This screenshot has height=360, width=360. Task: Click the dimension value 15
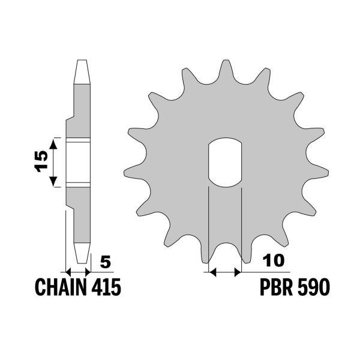[41, 162]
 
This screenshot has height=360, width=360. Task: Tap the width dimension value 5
[106, 262]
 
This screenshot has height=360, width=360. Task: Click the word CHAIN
[57, 288]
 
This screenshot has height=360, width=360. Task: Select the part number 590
[314, 288]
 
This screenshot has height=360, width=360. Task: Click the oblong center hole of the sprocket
[224, 163]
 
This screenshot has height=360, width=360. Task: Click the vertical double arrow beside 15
[54, 162]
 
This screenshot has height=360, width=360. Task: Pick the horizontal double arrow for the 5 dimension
[77, 271]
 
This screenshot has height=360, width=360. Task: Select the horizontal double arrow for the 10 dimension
[224, 272]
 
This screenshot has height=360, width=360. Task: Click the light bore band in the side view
[77, 162]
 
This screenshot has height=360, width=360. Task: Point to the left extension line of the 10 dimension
[208, 228]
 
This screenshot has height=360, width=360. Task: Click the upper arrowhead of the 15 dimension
[54, 142]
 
